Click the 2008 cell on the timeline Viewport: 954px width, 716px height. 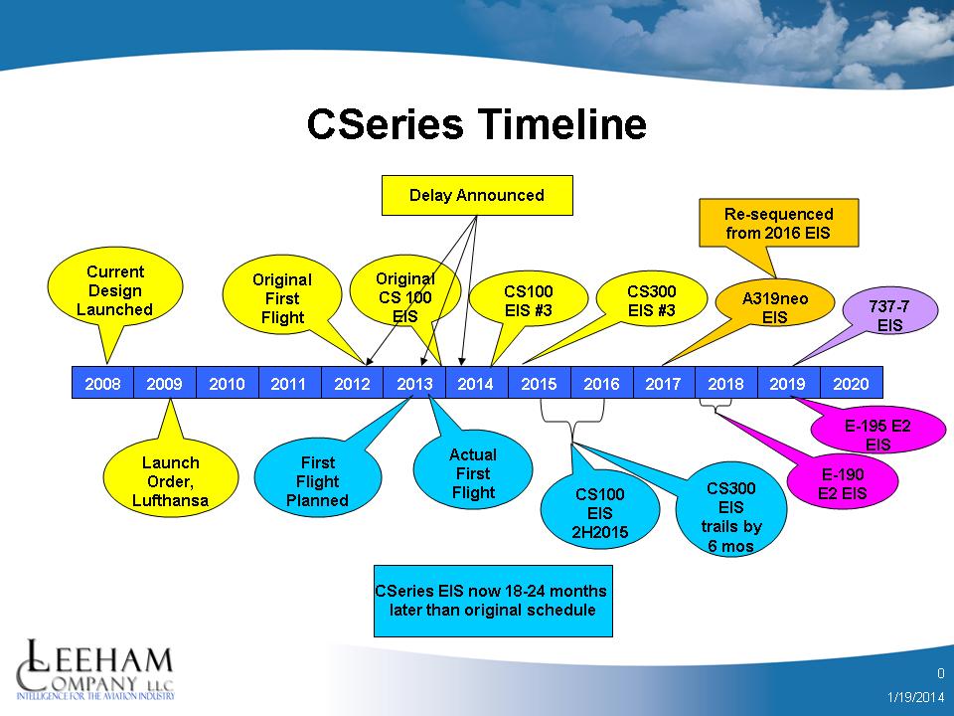[102, 383]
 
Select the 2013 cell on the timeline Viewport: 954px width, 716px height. [414, 383]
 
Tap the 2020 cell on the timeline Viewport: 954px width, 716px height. [852, 383]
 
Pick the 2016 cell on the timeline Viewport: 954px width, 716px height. [602, 383]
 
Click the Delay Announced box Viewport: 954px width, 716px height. [477, 196]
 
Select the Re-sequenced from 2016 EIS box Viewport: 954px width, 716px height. [779, 223]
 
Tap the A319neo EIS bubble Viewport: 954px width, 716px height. [774, 307]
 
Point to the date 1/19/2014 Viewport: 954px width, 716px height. [915, 697]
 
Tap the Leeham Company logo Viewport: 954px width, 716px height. [95, 669]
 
